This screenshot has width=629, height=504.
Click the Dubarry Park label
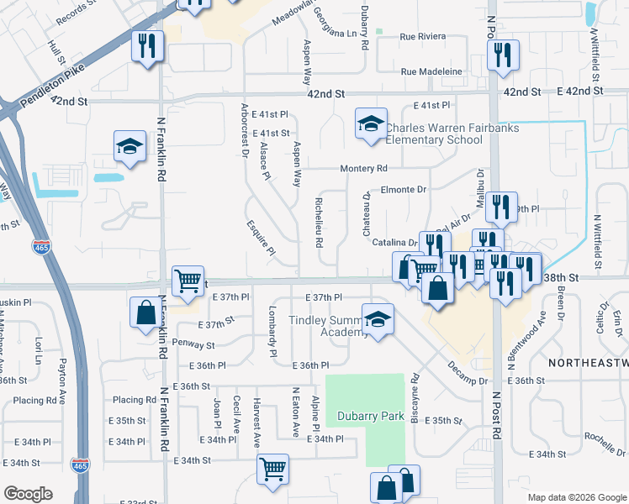(365, 416)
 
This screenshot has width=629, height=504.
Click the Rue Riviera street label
(422, 37)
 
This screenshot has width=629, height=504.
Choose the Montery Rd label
(363, 169)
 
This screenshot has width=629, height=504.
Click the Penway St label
(193, 344)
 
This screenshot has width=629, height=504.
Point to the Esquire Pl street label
(261, 238)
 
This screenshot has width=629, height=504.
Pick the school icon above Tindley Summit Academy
(378, 319)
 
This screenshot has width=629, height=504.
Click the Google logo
(28, 494)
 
